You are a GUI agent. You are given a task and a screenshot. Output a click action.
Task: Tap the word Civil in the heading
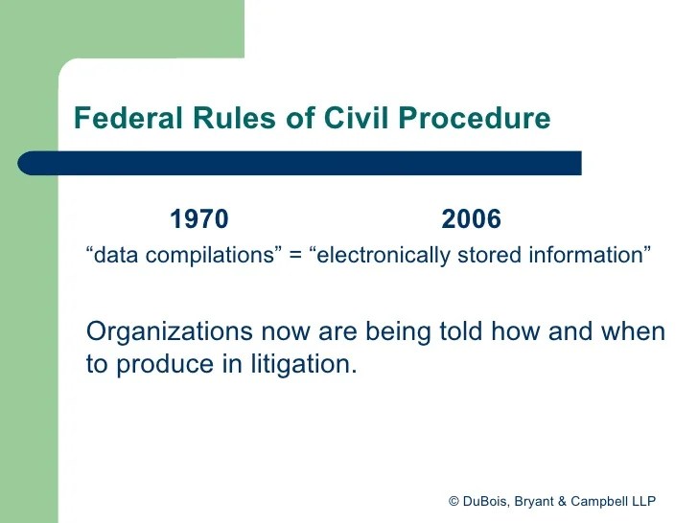click(x=352, y=119)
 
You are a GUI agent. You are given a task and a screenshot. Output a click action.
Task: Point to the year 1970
click(x=199, y=220)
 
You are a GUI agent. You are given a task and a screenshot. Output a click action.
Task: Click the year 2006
click(x=471, y=220)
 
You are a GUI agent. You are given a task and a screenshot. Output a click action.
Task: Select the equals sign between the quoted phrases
click(x=295, y=257)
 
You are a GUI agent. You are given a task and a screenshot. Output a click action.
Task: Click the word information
click(x=590, y=257)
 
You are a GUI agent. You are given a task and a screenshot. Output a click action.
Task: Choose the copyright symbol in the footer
click(x=454, y=502)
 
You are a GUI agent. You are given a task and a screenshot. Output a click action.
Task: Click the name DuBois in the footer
click(x=488, y=502)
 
